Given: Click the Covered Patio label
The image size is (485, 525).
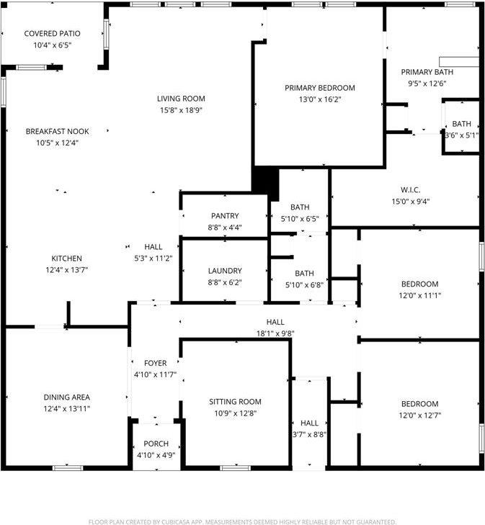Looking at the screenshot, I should tap(52, 34).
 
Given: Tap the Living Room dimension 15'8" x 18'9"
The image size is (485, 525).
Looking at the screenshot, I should tap(181, 110).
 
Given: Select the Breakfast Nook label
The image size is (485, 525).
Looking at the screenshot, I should tap(57, 131).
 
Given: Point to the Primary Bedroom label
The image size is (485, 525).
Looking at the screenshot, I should tap(320, 88).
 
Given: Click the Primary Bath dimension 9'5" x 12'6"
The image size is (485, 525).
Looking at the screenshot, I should tap(427, 84).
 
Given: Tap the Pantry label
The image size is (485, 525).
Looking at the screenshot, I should tap(225, 216).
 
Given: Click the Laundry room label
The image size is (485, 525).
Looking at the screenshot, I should tap(224, 271).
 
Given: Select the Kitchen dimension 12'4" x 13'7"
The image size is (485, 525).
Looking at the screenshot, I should tap(66, 270).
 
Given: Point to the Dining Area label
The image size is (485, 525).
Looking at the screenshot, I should tap(66, 397).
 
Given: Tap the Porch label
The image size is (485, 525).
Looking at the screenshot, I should tap(156, 444).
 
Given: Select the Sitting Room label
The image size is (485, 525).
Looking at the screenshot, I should tap(235, 402).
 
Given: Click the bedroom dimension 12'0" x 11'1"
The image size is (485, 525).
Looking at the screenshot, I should tap(419, 295).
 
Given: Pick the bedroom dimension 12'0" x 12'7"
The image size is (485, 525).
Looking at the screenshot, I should tap(419, 415).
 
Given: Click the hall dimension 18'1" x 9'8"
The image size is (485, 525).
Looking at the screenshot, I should tap(275, 333).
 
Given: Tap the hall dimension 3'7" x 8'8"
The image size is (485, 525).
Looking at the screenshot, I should tap(309, 434).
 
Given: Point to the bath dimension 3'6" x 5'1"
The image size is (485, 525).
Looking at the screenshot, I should tap(461, 135).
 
